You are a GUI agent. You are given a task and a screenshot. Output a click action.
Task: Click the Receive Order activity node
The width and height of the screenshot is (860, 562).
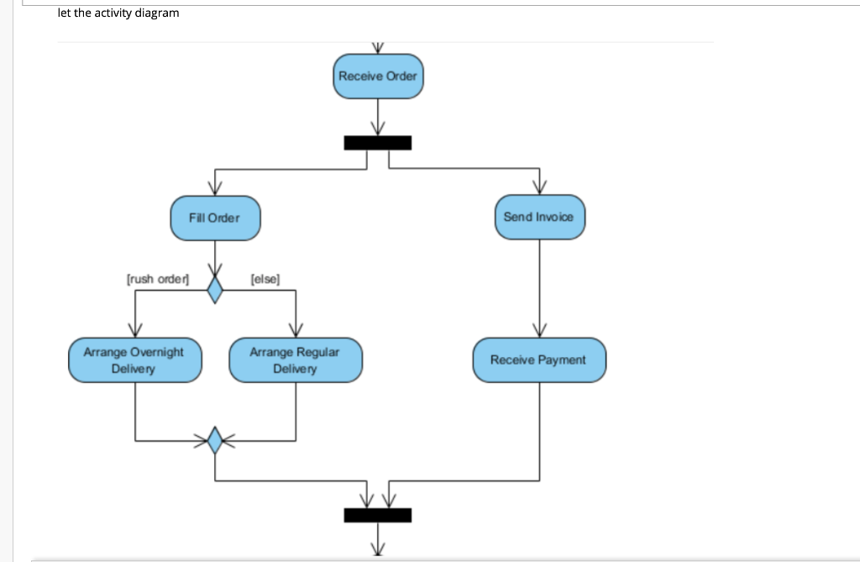[378, 76]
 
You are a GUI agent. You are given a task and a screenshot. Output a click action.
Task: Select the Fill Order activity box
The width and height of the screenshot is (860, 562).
[215, 218]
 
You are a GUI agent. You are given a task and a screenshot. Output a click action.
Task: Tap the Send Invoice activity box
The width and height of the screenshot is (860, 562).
[538, 218]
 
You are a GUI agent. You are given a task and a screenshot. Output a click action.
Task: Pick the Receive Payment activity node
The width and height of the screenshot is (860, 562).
[538, 360]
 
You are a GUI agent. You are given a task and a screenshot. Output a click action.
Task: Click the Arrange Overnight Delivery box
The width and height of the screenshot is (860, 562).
[134, 360]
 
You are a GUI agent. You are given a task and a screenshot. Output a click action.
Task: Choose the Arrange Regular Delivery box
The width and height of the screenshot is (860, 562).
[295, 360]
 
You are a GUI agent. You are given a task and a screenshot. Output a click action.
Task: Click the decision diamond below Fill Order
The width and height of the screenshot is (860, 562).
[215, 291]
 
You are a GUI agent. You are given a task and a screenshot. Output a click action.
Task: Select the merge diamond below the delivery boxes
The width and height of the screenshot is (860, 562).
[215, 439]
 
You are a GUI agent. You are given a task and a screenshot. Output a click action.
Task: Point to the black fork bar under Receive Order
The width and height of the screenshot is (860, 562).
[378, 143]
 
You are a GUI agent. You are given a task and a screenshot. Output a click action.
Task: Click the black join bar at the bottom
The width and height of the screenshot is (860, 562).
[378, 514]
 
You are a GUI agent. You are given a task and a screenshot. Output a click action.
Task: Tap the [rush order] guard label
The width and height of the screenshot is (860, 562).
[157, 278]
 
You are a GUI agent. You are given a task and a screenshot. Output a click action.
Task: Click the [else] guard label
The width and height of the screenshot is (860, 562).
[265, 278]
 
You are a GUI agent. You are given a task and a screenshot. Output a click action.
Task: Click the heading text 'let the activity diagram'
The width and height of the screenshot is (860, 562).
[118, 13]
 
